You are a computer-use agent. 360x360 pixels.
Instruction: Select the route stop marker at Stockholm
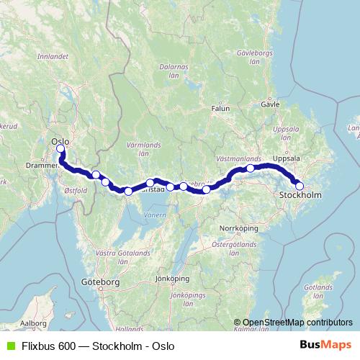coord(300,186)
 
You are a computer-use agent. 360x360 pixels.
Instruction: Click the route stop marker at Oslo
coord(60,149)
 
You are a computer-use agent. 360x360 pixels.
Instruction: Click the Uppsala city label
coord(287,158)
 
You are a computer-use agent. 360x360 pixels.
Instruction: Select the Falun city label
coord(220,109)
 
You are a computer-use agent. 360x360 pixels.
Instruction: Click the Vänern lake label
coord(153,215)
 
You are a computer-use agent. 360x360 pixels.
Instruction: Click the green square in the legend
coord(10,346)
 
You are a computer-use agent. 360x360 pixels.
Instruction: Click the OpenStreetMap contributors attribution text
coord(297,323)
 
